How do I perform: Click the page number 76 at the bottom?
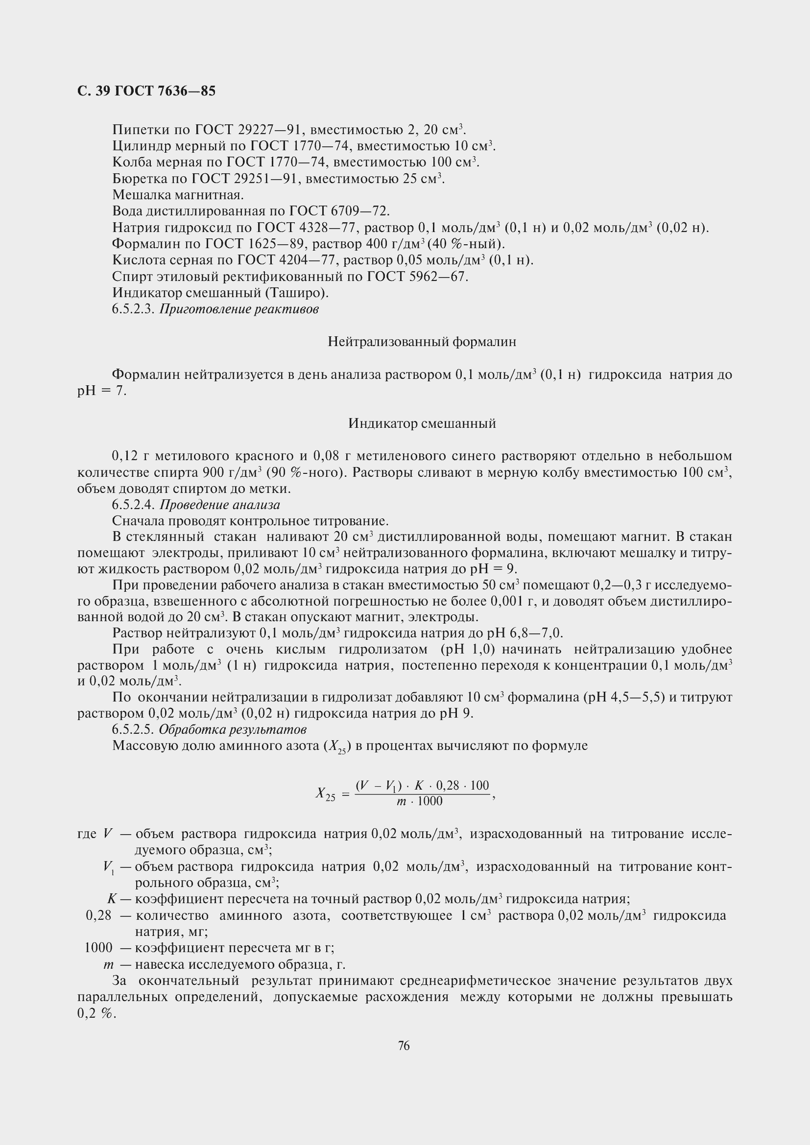pos(404,1046)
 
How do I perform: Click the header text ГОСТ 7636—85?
pos(165,91)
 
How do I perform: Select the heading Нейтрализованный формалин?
pos(422,342)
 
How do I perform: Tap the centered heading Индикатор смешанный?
pos(422,423)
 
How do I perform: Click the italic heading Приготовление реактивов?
pos(238,309)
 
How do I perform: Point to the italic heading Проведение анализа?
pos(219,505)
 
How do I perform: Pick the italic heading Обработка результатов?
pos(233,729)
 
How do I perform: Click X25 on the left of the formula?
pos(326,794)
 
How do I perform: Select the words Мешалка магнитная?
pos(178,195)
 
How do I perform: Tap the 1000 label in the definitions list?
pos(98,948)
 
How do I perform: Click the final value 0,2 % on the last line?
pos(96,1014)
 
